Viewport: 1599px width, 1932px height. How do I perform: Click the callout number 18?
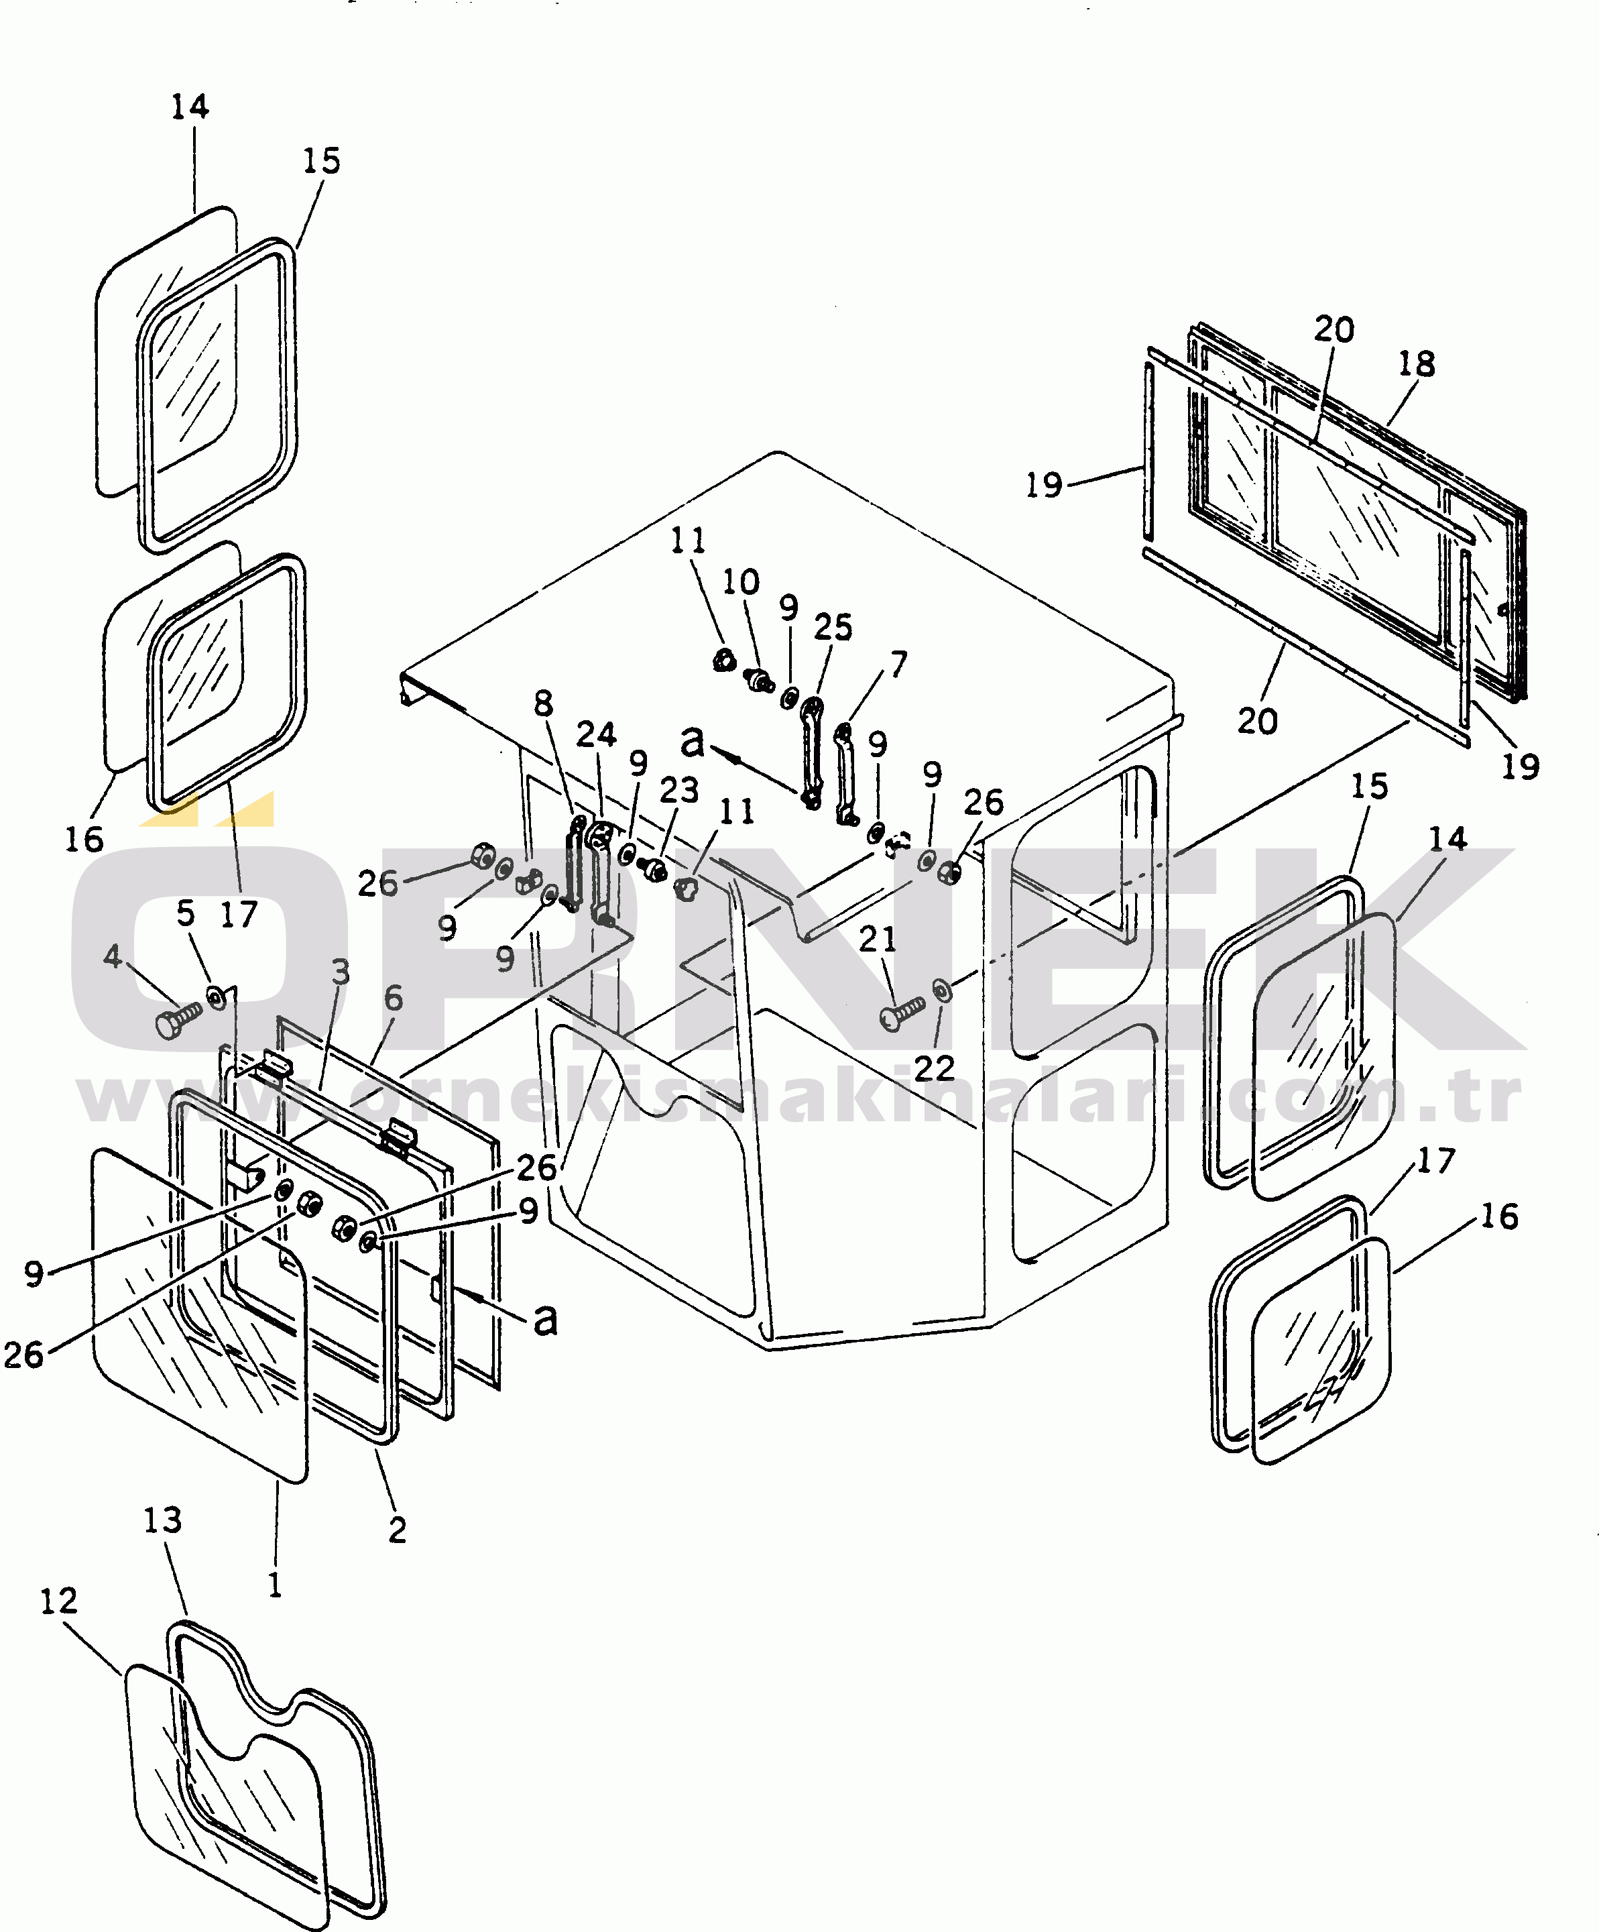[1417, 364]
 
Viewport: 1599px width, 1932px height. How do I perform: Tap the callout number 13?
[163, 1520]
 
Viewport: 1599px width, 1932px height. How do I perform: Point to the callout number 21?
[878, 940]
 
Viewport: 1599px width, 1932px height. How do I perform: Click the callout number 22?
[934, 1068]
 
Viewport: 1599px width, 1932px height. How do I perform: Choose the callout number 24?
[596, 734]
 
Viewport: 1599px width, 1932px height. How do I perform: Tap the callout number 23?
[679, 789]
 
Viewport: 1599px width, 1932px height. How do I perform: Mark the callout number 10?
[741, 581]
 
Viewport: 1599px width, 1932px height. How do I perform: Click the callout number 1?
[274, 1584]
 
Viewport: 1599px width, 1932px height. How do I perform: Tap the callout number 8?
[544, 704]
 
